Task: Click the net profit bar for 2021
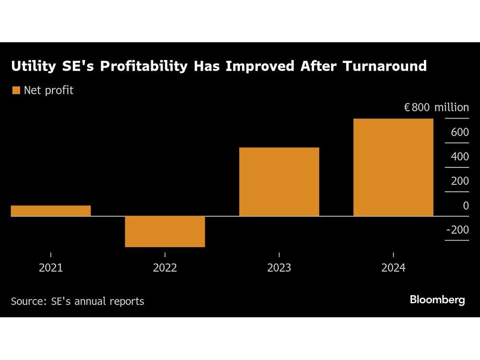[51, 211]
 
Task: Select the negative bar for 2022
[165, 231]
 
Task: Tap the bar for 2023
[279, 182]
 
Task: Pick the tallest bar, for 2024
[393, 168]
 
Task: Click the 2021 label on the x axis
[51, 268]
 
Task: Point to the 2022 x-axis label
[165, 268]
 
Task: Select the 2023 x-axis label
[279, 268]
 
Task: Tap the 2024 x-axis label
[393, 268]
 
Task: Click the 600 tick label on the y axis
[459, 132]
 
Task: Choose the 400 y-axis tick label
[459, 157]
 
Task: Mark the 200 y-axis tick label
[459, 181]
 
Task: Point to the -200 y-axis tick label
[457, 230]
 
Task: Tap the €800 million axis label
[436, 108]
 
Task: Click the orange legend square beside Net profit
[16, 90]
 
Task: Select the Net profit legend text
[48, 90]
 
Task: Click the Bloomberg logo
[437, 300]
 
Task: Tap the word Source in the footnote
[26, 301]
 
